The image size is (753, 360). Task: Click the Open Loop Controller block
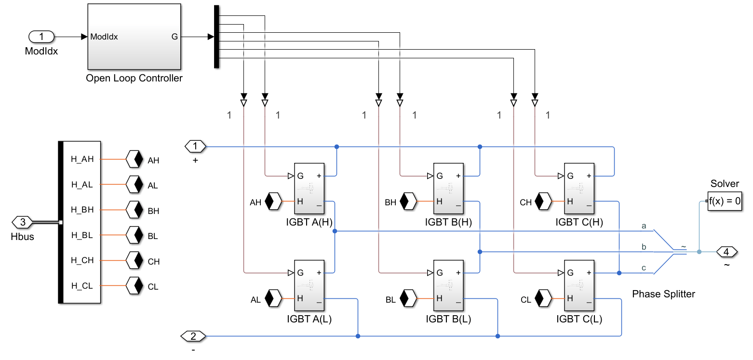click(134, 37)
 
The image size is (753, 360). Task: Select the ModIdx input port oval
click(41, 37)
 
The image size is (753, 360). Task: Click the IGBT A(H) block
click(309, 188)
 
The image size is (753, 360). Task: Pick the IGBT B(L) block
click(448, 286)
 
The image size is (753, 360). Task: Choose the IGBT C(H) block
click(579, 188)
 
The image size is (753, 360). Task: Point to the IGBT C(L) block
click(579, 286)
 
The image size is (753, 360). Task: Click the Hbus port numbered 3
click(22, 223)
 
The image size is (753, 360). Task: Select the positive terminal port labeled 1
click(195, 146)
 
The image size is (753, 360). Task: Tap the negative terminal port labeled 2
click(193, 336)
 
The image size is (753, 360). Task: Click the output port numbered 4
click(726, 252)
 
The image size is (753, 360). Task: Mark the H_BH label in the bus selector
click(82, 211)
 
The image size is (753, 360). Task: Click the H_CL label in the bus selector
click(82, 286)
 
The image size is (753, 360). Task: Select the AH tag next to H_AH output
click(134, 160)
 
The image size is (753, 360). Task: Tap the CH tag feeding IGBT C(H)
click(545, 201)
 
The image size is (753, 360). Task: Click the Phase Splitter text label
click(663, 294)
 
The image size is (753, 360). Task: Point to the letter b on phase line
click(644, 247)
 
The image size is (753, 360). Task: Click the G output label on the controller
click(174, 37)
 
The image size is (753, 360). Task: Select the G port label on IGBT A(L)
click(300, 273)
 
